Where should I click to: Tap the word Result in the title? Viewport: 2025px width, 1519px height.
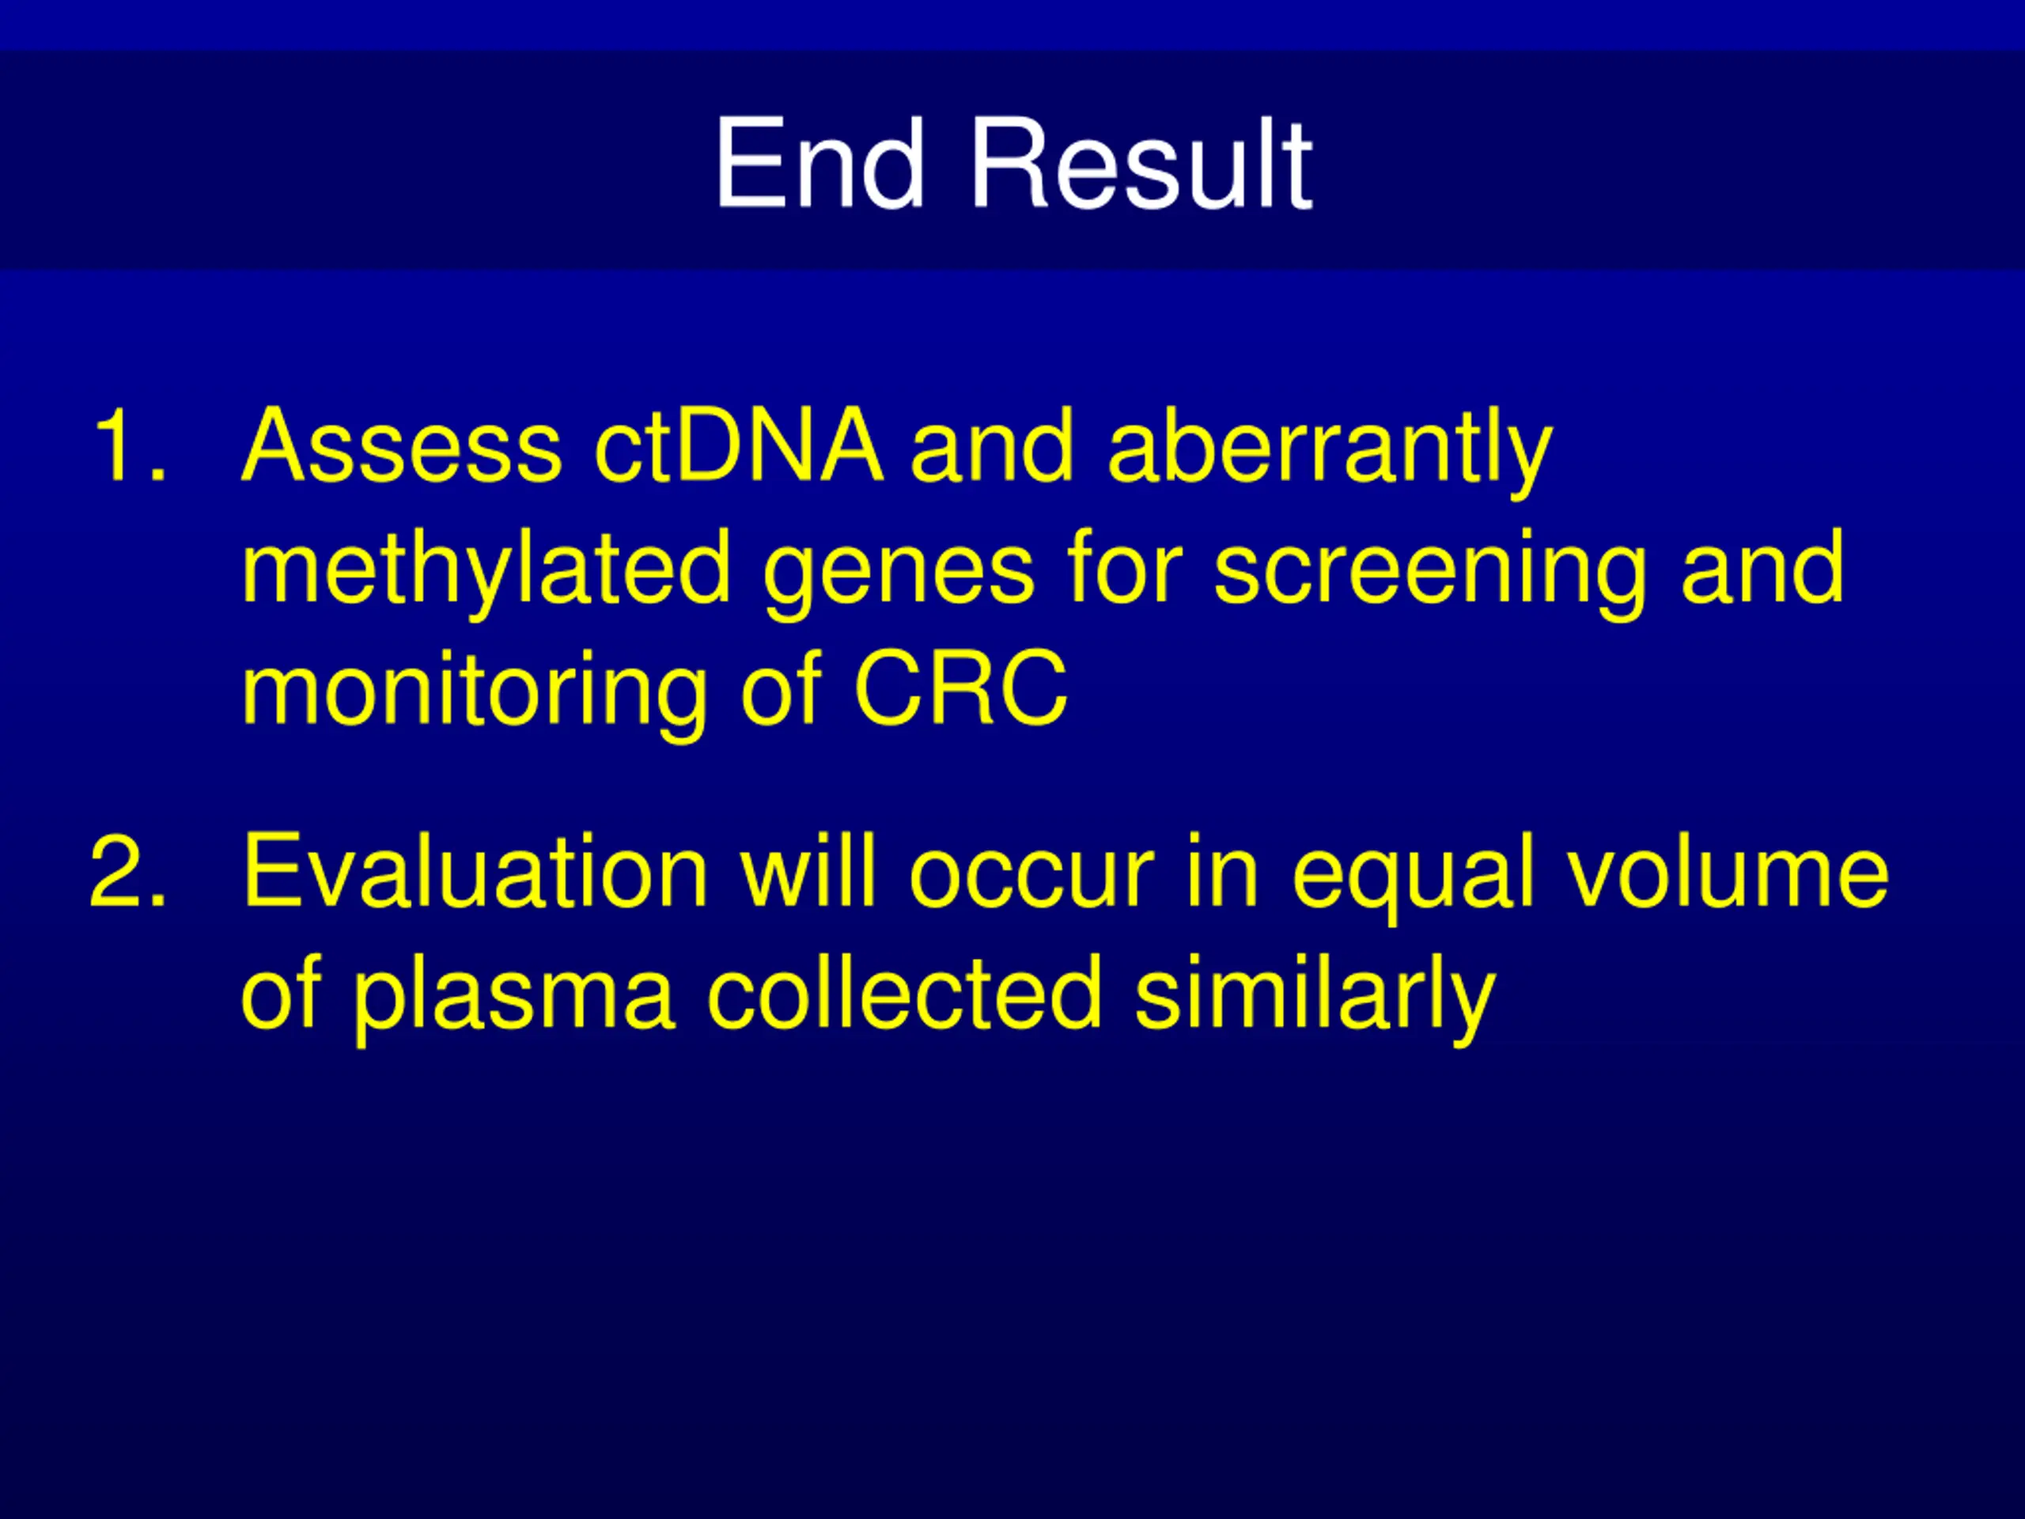click(x=1141, y=164)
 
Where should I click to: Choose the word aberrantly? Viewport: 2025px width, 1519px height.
click(x=1330, y=452)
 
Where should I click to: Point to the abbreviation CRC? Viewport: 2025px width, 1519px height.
click(x=960, y=687)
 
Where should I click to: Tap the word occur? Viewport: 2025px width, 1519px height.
click(x=1031, y=879)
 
